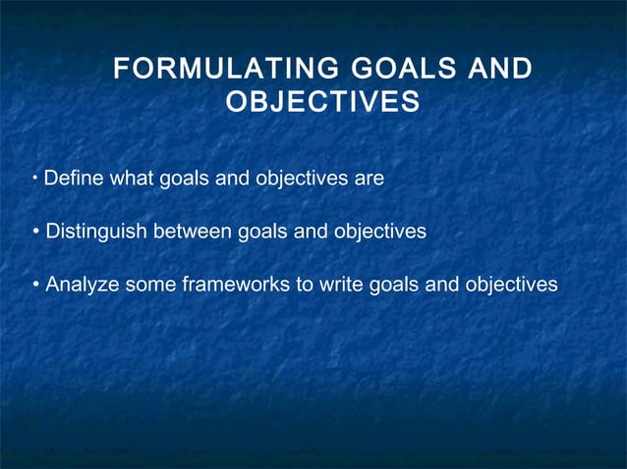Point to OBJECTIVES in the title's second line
[322, 102]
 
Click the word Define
[75, 180]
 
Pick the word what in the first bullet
[132, 180]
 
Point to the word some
[148, 285]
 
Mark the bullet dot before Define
[34, 180]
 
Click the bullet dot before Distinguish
[35, 233]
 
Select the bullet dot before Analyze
[35, 286]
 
